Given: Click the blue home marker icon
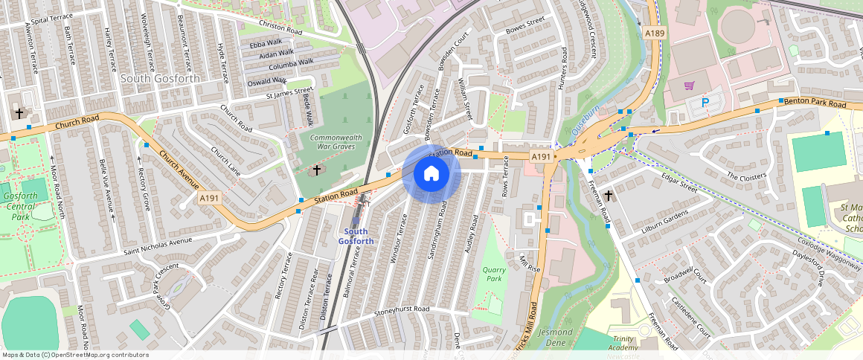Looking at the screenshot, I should coord(431,174).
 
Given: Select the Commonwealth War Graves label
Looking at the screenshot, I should coord(333,141).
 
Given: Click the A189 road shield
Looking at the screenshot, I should coord(655,33).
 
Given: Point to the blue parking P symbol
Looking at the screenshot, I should coord(705,103).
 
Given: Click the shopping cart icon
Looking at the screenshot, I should coord(689,85).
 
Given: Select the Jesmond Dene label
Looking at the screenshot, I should coord(556,337).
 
